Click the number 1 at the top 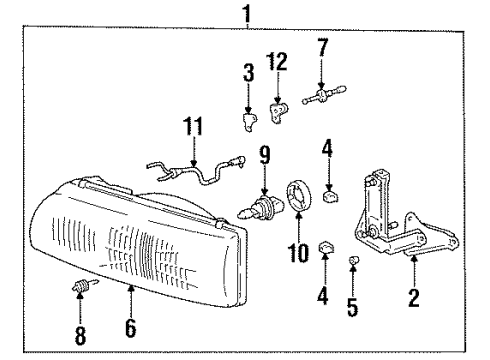pyautogui.click(x=246, y=13)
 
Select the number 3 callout pyautogui.click(x=248, y=73)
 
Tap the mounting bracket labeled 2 pyautogui.click(x=395, y=220)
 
